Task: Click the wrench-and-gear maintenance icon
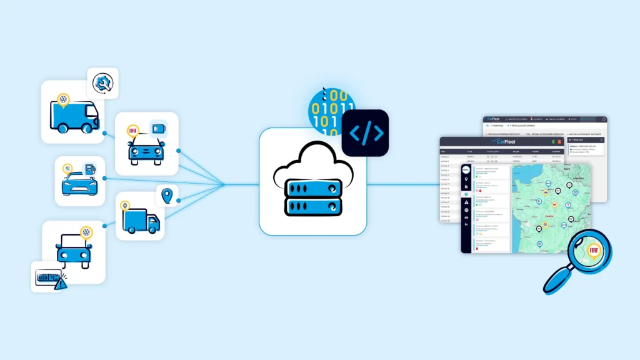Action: pos(102,83)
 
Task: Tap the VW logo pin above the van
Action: pos(62,100)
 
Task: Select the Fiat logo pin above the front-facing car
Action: pos(132,131)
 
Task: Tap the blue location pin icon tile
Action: pos(167,197)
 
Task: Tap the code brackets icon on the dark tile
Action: pos(365,132)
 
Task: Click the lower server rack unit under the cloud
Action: pos(312,206)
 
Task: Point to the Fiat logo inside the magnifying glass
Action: pos(594,250)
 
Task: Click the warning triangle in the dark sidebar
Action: pos(466,202)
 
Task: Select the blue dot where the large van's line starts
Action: pos(104,133)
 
